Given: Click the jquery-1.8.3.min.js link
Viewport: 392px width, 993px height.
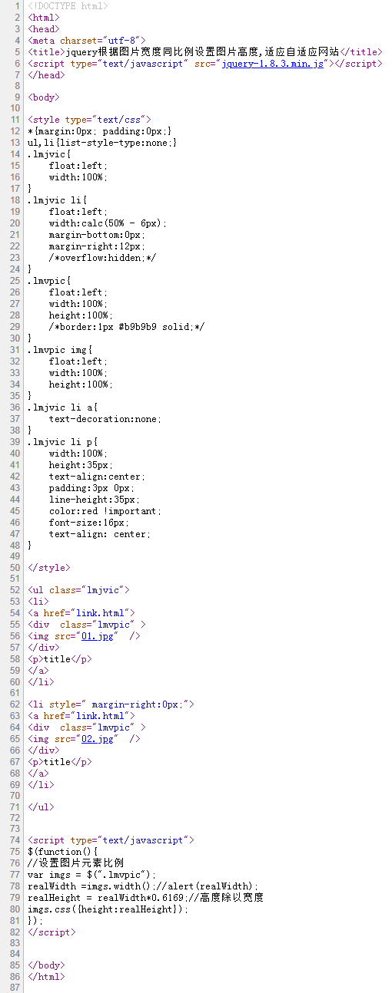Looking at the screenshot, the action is tap(273, 64).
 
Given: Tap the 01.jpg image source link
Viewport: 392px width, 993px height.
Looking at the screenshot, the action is tap(97, 636).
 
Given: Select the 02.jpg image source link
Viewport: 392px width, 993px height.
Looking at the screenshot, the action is tap(97, 739).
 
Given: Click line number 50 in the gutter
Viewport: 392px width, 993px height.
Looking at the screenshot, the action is tap(15, 568).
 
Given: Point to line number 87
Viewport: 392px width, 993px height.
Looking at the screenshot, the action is tap(15, 988).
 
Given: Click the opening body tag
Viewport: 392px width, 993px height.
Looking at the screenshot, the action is tap(44, 97).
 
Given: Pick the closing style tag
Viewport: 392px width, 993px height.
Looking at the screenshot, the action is tap(49, 568).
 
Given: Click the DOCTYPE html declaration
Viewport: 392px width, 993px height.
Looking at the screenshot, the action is tap(68, 6).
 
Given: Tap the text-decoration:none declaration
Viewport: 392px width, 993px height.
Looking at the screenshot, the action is tap(105, 419).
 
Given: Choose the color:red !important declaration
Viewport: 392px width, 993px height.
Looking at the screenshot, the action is tap(105, 511).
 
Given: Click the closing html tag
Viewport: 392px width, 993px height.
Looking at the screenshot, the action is tap(46, 977).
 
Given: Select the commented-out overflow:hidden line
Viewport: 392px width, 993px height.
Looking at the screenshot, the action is tap(102, 258).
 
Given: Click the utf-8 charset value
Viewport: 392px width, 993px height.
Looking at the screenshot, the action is tap(125, 41).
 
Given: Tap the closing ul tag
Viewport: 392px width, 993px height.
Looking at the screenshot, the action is tap(41, 807).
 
